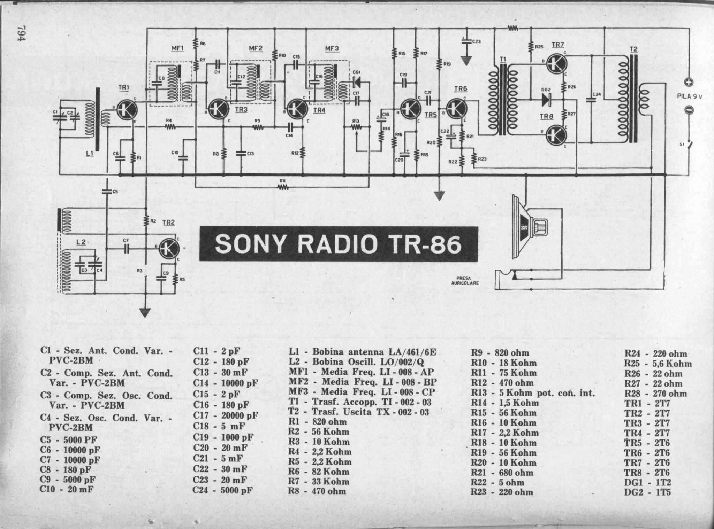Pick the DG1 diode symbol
pos(357,82)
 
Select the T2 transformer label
pos(633,49)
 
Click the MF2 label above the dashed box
pos(256,48)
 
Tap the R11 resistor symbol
pos(283,187)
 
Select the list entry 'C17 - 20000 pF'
pos(226,415)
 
